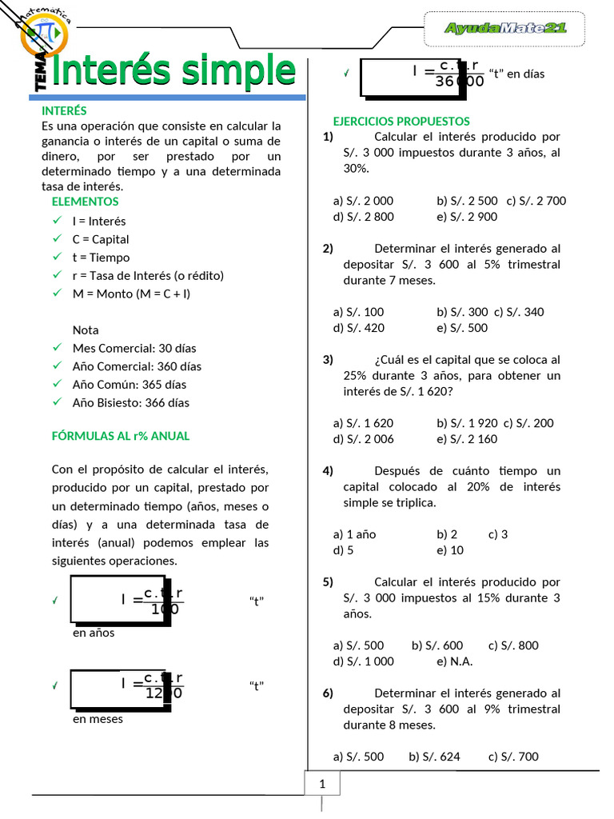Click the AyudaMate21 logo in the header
(504, 28)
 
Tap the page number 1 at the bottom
(322, 785)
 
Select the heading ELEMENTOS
(85, 202)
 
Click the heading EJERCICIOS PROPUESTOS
(401, 121)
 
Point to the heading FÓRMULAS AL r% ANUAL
(121, 436)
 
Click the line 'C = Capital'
(100, 239)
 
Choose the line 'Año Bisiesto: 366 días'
(130, 403)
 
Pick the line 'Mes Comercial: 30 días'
(134, 348)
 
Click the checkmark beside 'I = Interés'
(56, 221)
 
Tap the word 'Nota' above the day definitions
(86, 330)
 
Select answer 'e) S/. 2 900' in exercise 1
(467, 216)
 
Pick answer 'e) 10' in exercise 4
(450, 550)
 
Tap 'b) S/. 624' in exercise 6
(434, 757)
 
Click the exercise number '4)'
(328, 470)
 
